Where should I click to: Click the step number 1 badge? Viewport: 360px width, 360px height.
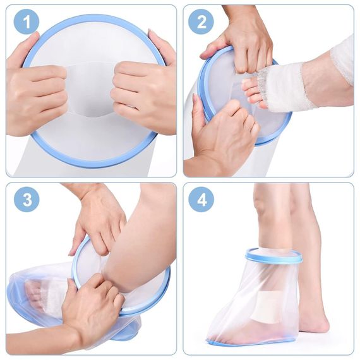(x=27, y=22)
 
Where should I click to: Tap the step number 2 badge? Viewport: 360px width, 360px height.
(x=201, y=22)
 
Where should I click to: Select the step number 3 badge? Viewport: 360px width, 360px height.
(x=27, y=200)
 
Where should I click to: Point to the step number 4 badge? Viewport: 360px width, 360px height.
(x=201, y=200)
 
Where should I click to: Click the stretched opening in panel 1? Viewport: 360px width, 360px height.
(x=90, y=90)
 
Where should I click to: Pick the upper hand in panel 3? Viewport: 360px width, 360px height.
(x=99, y=220)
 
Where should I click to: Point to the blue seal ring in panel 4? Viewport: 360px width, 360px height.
(x=273, y=255)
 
